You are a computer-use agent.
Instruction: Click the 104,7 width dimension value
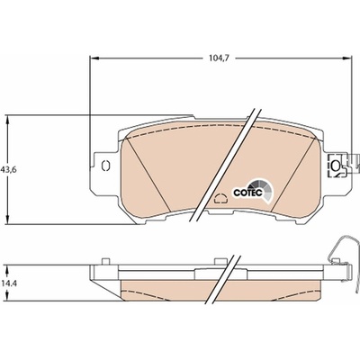219,58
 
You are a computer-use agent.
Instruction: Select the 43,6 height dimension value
9,169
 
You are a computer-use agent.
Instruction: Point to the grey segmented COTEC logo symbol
263,192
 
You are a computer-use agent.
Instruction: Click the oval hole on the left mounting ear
106,166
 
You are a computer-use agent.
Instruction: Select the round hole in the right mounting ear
336,165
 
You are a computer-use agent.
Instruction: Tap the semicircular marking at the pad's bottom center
221,198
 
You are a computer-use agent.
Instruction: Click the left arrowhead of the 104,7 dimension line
94,58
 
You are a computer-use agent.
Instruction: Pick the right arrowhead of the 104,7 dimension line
346,58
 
